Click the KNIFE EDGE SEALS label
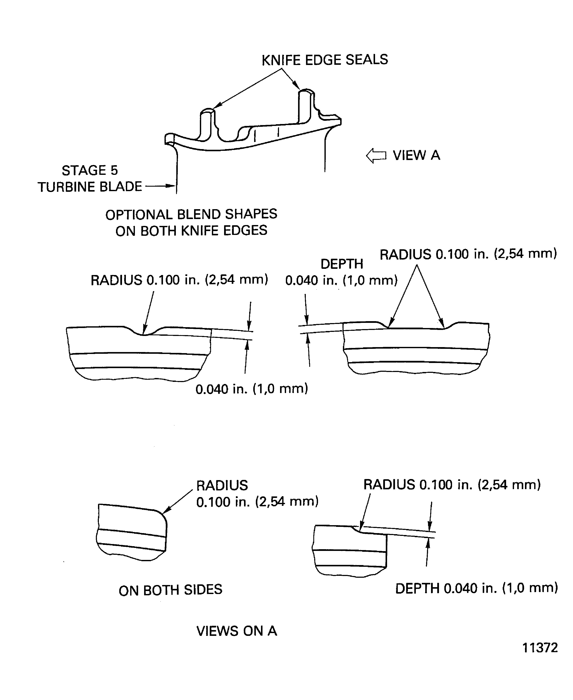(325, 60)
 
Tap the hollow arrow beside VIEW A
(376, 156)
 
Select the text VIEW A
(416, 155)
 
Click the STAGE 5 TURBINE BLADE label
(90, 179)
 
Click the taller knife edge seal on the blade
(306, 106)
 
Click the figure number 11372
(540, 648)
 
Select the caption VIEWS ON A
(237, 631)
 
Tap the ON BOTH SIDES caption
(170, 590)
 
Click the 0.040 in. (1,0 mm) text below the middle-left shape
(252, 389)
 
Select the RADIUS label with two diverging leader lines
(468, 254)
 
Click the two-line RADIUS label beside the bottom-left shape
(257, 494)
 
